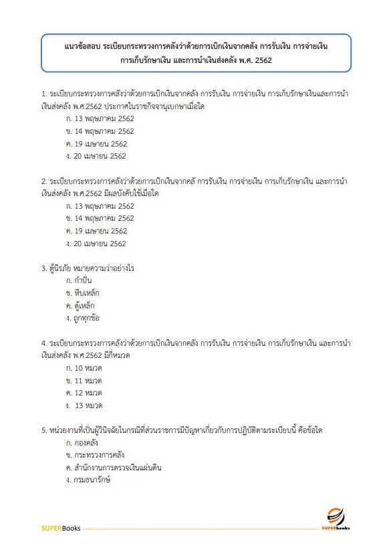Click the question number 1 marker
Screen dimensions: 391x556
[43, 94]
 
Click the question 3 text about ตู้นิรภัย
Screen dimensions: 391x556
[88, 268]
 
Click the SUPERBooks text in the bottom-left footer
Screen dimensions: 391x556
[61, 529]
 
